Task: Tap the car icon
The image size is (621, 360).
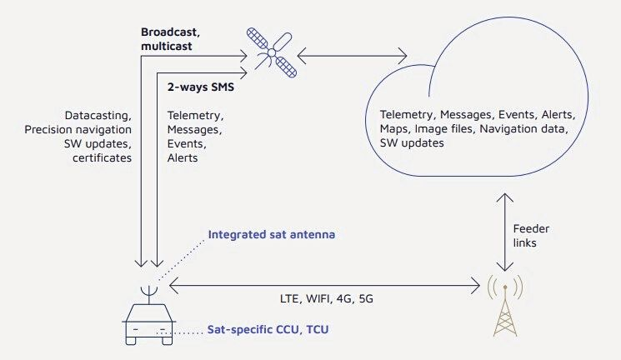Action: coord(151,323)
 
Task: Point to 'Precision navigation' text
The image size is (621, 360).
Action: coord(79,129)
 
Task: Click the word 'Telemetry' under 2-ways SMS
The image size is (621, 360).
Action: coord(194,116)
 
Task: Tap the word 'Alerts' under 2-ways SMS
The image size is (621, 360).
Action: coord(183,157)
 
